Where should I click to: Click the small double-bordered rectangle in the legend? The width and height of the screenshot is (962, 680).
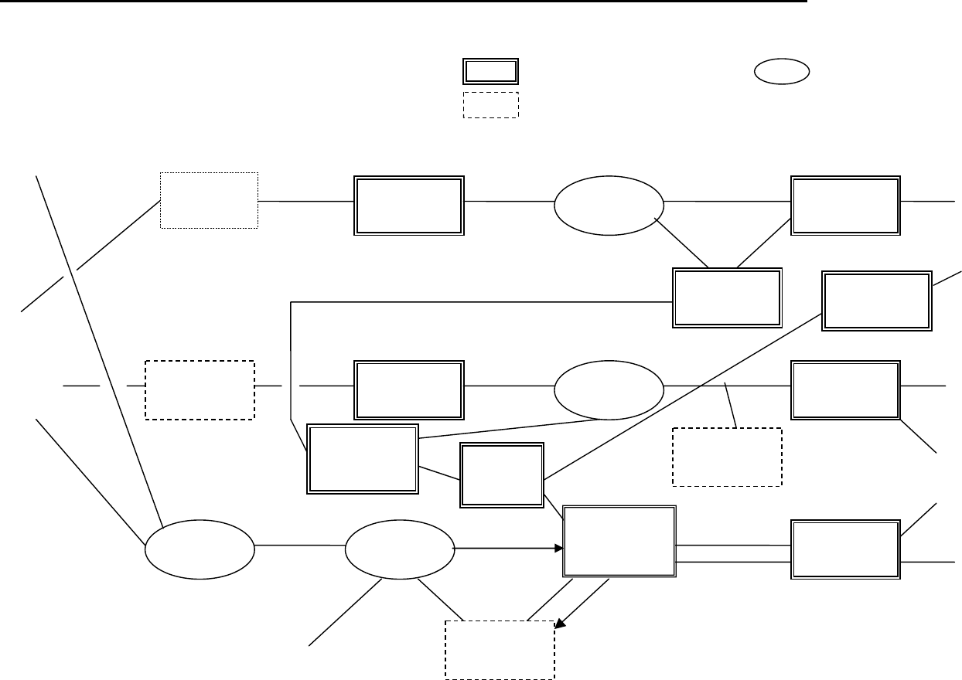click(x=490, y=70)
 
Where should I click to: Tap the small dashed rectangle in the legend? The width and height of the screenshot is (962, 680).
click(x=490, y=105)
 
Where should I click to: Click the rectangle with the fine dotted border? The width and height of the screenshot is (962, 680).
click(x=209, y=200)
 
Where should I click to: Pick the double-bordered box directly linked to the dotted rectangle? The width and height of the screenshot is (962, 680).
click(x=408, y=205)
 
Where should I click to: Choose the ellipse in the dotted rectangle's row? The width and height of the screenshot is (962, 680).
click(x=609, y=205)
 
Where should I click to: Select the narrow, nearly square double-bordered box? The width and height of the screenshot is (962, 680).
click(x=501, y=474)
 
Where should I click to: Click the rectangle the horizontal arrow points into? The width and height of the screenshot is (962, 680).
click(x=619, y=542)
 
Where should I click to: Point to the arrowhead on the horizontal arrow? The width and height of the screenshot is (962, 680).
click(x=558, y=549)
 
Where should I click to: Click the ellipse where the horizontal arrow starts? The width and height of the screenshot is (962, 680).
click(x=399, y=550)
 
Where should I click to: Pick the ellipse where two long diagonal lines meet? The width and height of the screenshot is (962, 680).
click(x=200, y=549)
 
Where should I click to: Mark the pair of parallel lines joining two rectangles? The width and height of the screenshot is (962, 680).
click(x=732, y=553)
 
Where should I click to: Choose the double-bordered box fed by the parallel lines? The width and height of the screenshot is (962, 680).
click(x=845, y=549)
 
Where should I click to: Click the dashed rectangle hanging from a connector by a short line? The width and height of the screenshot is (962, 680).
click(x=727, y=457)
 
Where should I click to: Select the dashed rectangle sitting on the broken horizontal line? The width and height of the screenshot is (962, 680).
click(x=200, y=389)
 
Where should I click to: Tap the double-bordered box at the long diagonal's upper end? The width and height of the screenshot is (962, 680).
click(x=876, y=301)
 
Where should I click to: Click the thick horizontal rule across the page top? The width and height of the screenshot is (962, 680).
click(x=402, y=2)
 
